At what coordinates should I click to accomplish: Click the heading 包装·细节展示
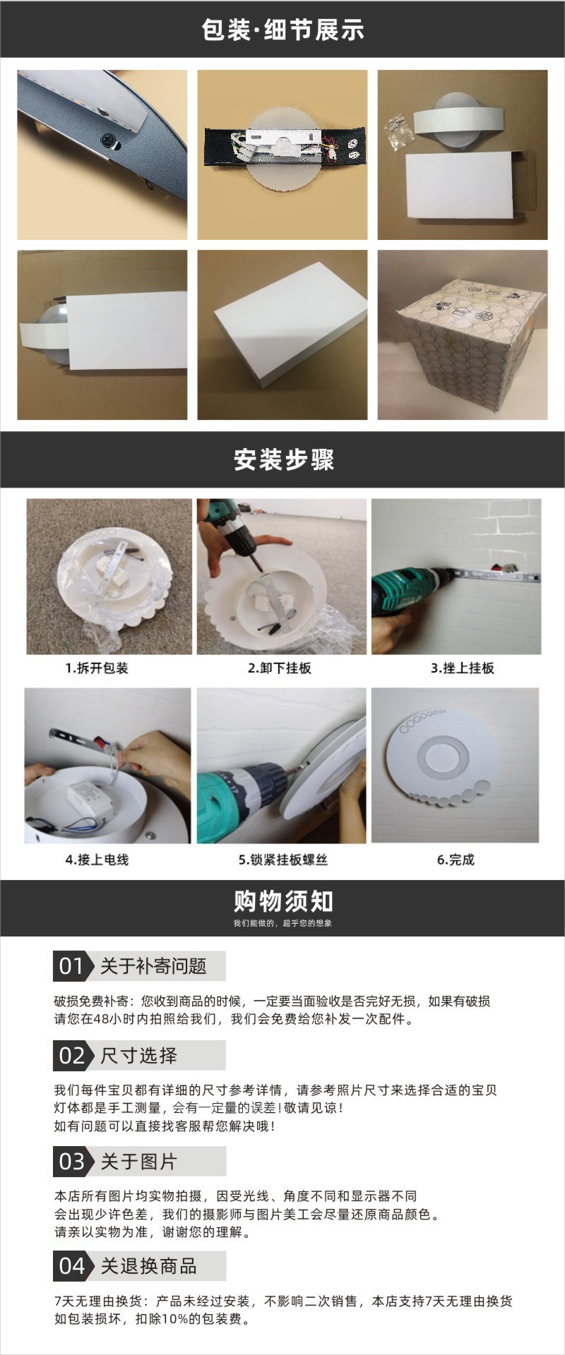(282, 30)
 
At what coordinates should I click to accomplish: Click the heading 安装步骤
(283, 460)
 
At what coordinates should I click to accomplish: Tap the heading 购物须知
(283, 901)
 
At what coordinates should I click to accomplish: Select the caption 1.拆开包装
(97, 668)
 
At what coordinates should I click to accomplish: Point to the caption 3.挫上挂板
(463, 668)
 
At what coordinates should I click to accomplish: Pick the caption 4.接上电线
(97, 860)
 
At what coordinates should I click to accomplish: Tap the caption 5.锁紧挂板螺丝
(282, 860)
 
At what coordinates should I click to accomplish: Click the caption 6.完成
(456, 860)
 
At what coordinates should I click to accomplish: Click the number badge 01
(71, 966)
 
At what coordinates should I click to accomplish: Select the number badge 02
(71, 1056)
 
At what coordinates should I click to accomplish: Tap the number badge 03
(71, 1162)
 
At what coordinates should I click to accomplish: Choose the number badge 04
(71, 1266)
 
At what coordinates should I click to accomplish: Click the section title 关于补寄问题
(153, 966)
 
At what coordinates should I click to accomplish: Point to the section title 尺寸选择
(138, 1056)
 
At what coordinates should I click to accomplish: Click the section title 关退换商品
(148, 1266)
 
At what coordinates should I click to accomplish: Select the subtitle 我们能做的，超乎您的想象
(282, 923)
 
